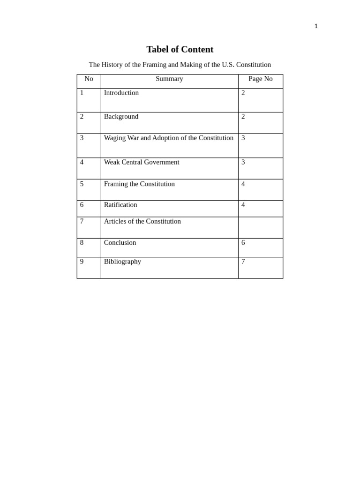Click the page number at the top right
coord(316,26)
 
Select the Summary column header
coord(169,79)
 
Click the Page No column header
coord(260,79)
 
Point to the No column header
coord(89,79)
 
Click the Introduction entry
coord(121,93)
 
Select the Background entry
coord(121,117)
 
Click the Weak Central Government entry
coord(142,162)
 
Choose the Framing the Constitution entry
coord(139,184)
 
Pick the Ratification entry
coord(120,205)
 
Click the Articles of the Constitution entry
coord(142,221)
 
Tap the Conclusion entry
coord(120,243)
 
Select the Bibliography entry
coord(122,262)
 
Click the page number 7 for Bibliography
coord(243,262)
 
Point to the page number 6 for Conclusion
coord(243,243)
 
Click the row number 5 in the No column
coord(82,184)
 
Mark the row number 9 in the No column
coord(82,262)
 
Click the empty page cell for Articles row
coord(260,227)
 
